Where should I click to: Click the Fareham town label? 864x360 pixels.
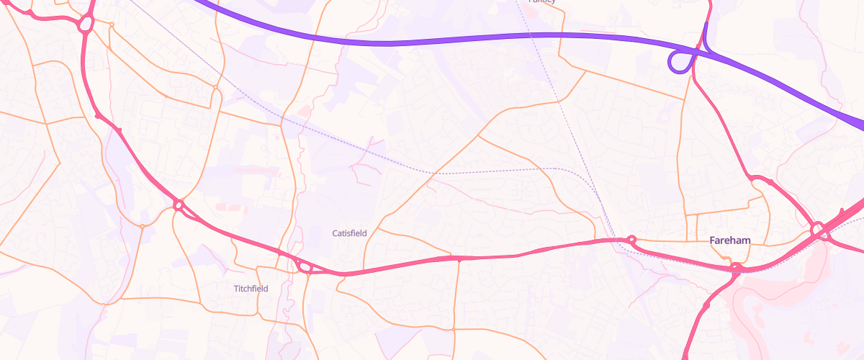click(730, 240)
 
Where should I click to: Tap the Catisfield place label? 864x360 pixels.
click(350, 233)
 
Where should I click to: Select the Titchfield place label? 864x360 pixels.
click(251, 289)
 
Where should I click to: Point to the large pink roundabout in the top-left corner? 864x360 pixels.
click(86, 24)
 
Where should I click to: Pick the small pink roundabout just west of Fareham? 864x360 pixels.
click(632, 239)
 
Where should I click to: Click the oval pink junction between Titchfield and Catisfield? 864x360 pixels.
click(305, 268)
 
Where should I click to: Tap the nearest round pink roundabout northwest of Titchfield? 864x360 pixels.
click(179, 206)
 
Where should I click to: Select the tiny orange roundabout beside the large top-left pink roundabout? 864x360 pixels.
click(112, 25)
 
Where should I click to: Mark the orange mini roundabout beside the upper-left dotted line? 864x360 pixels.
click(215, 88)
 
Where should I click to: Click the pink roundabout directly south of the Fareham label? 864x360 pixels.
click(735, 269)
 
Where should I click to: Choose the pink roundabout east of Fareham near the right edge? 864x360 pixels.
click(818, 231)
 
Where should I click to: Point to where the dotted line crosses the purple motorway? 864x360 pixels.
click(529, 35)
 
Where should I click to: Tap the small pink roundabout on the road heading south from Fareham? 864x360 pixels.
click(706, 305)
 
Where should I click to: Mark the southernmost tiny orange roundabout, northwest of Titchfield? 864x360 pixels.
click(143, 227)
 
